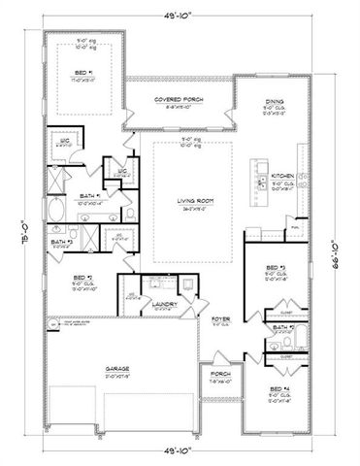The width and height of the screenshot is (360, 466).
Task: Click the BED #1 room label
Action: coord(83,72)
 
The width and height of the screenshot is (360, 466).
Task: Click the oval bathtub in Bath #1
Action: coord(56,209)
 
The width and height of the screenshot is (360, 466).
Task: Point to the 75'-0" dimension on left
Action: coord(15,233)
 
